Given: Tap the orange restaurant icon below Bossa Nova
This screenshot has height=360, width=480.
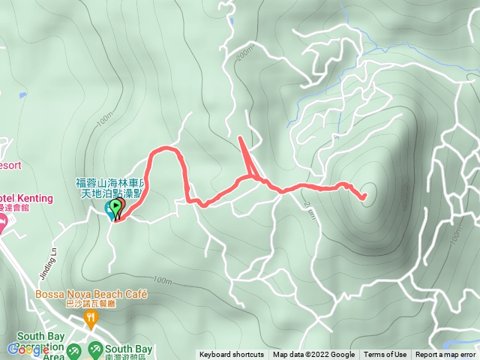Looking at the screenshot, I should click(91, 319).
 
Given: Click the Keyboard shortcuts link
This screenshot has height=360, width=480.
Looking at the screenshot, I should click(231, 355).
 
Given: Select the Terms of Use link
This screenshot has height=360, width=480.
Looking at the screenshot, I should click(385, 355).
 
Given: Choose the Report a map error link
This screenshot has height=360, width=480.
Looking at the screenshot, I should click(445, 355).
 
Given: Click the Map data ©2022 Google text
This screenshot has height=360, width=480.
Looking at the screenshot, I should click(313, 355).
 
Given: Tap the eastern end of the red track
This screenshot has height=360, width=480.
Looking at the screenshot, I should click(364, 198).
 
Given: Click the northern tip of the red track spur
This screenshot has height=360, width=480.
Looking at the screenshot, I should click(238, 137).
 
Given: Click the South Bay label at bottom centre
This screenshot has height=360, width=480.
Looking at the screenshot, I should click(129, 349).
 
